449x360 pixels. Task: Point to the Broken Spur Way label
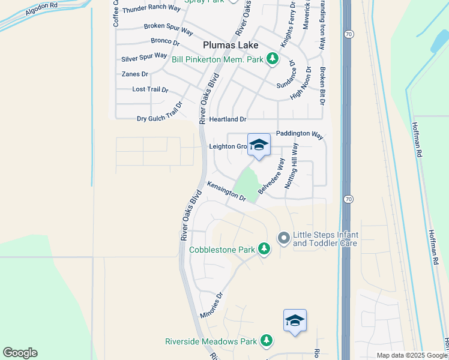(x=168, y=29)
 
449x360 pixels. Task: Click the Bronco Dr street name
(x=165, y=42)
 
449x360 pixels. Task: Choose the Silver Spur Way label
(x=144, y=58)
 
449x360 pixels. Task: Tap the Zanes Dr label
(x=134, y=74)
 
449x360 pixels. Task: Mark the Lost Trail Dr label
(x=150, y=89)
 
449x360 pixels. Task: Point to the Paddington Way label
(x=300, y=134)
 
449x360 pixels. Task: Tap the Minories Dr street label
(x=211, y=305)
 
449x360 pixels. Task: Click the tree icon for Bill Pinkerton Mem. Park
(x=273, y=58)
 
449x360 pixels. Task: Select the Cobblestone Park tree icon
(x=264, y=248)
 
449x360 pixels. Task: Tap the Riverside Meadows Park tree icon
(x=266, y=341)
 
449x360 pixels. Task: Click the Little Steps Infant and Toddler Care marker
(x=283, y=238)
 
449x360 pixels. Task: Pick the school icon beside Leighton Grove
(x=259, y=145)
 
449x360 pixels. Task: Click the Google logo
(x=20, y=353)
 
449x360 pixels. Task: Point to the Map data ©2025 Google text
(x=412, y=355)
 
